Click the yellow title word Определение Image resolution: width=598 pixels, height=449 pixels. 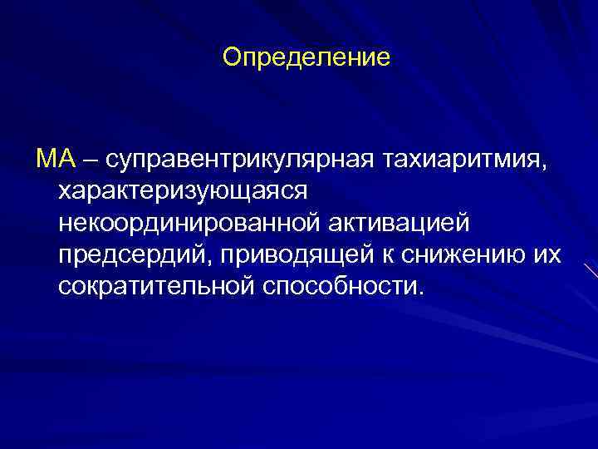pos(306,58)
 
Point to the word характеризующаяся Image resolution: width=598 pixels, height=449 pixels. pos(184,190)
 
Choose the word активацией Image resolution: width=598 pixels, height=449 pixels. pos(399,222)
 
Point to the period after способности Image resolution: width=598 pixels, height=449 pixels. pos(420,292)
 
